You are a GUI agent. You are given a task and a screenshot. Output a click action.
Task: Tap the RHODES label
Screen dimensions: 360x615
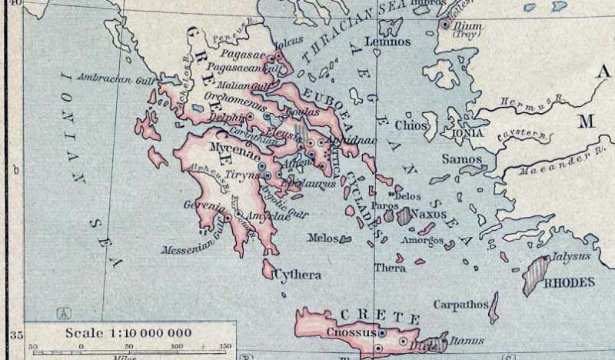point(570,282)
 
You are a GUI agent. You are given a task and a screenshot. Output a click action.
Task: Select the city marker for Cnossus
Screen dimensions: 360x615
point(382,333)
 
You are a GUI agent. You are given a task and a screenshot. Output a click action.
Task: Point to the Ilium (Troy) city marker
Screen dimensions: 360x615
point(444,25)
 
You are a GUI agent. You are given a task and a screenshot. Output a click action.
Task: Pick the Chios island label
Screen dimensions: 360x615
point(408,124)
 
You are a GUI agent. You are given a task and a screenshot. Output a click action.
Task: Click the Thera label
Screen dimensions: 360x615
point(390,268)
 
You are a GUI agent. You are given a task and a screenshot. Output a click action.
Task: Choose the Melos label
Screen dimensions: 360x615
point(322,238)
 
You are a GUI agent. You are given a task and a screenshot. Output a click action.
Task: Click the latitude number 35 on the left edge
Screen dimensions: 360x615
point(13,335)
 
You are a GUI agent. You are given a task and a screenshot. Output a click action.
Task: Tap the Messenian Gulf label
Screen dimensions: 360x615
point(191,248)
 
